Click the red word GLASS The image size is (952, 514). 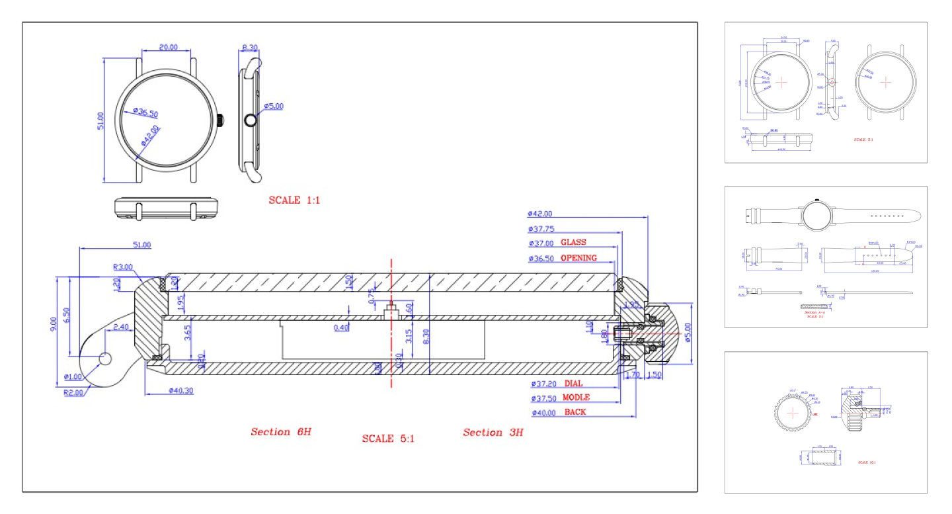(x=573, y=242)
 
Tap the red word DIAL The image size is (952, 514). (x=574, y=384)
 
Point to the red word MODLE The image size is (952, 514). (x=576, y=398)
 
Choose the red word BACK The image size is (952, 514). (x=575, y=412)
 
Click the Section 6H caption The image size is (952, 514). (x=280, y=432)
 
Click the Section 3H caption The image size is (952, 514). (x=493, y=433)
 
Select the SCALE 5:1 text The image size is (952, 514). (x=388, y=438)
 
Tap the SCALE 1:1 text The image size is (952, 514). (x=294, y=200)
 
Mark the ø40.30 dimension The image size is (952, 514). (x=180, y=391)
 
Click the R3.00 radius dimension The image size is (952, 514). (x=123, y=267)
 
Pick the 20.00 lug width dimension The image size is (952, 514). (x=169, y=47)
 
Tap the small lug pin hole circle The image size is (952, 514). (x=105, y=358)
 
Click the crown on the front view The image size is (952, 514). (x=220, y=120)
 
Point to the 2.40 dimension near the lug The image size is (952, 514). (x=121, y=327)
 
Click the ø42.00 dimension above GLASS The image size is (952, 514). (x=540, y=214)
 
